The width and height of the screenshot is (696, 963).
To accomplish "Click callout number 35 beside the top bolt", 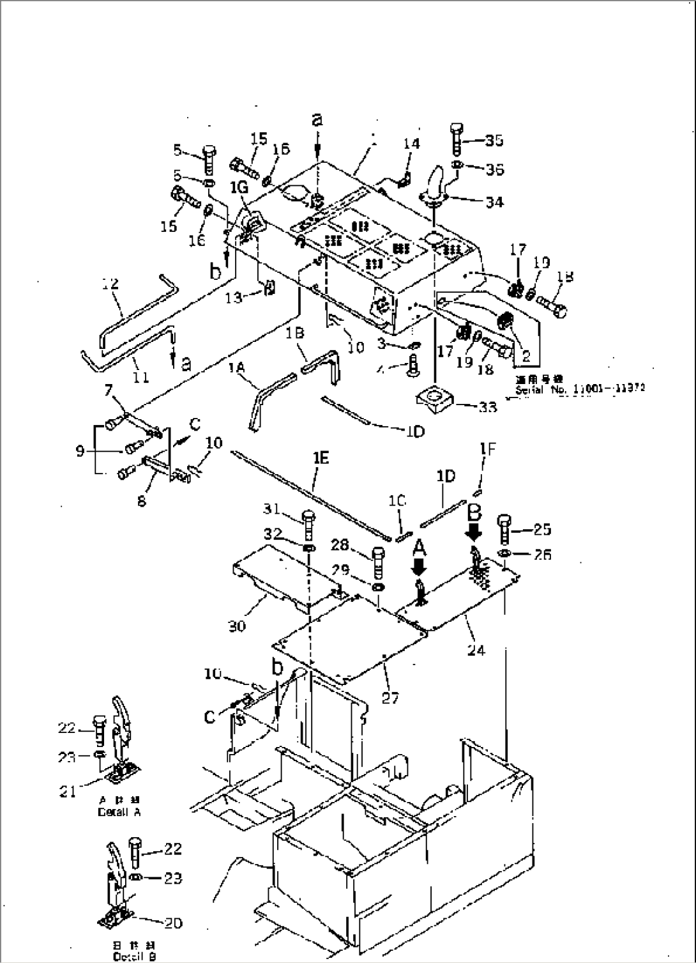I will point(494,140).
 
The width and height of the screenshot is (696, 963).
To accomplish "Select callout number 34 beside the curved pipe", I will point(494,201).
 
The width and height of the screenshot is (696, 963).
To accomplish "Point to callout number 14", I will point(411,144).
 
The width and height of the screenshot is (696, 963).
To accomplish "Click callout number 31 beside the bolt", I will point(273,509).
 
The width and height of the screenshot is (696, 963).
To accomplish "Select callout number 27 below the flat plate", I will point(390,698).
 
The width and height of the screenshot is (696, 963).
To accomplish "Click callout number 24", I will point(476,651).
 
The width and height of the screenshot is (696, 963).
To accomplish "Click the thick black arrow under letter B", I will point(474,530).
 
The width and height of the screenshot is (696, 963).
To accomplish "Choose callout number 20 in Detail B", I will point(172,923).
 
